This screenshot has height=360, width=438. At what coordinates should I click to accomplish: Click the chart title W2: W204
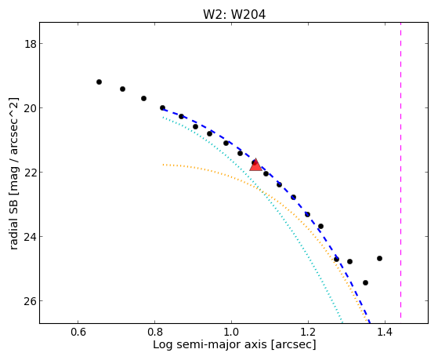tap(234, 14)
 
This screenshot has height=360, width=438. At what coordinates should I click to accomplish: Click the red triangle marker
tap(255, 165)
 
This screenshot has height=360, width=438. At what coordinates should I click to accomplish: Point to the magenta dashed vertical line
tap(401, 170)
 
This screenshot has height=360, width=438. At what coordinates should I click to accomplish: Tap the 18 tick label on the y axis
tap(30, 44)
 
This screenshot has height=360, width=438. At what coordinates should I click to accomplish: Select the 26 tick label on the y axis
tap(30, 301)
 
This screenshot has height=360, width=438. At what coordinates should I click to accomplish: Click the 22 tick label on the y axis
tap(30, 173)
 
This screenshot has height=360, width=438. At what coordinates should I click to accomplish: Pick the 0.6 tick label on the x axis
tap(78, 332)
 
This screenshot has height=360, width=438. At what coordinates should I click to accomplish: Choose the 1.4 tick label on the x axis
tap(386, 332)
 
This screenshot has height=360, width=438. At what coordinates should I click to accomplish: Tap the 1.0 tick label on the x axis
tap(232, 332)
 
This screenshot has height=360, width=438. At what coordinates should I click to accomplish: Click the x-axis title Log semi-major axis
tap(209, 344)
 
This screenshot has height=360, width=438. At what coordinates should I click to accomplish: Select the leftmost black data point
tap(99, 82)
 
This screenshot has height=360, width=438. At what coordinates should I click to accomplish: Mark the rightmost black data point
tap(379, 259)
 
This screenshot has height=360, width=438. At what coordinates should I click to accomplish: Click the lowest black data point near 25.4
tap(365, 283)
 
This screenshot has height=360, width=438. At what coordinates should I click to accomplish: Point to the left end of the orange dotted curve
tap(163, 165)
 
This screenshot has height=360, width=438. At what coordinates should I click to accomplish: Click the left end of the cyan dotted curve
tap(163, 118)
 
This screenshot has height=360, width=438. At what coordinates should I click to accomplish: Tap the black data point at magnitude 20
tap(162, 107)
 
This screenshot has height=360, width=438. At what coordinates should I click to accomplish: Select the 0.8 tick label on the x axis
tap(155, 332)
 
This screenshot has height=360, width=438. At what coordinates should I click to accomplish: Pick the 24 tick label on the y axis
tap(30, 237)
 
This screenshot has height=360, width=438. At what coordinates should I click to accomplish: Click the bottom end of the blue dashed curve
tap(370, 322)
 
